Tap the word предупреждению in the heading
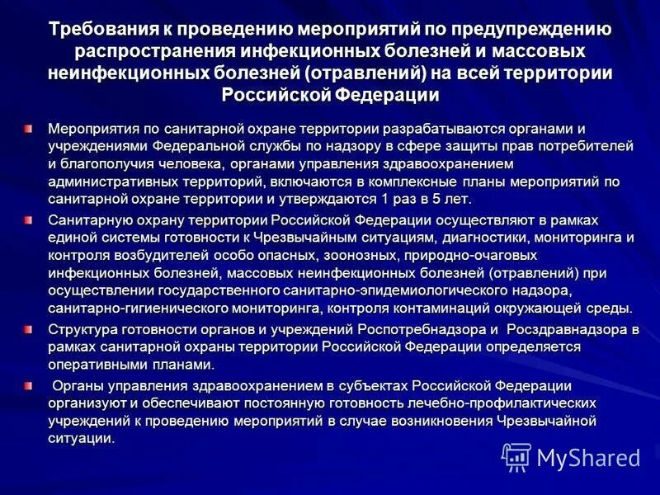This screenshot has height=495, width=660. [x=544, y=31]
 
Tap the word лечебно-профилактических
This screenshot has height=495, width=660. [x=511, y=403]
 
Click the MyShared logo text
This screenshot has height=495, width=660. [x=588, y=458]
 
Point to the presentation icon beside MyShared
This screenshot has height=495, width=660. [x=516, y=458]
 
